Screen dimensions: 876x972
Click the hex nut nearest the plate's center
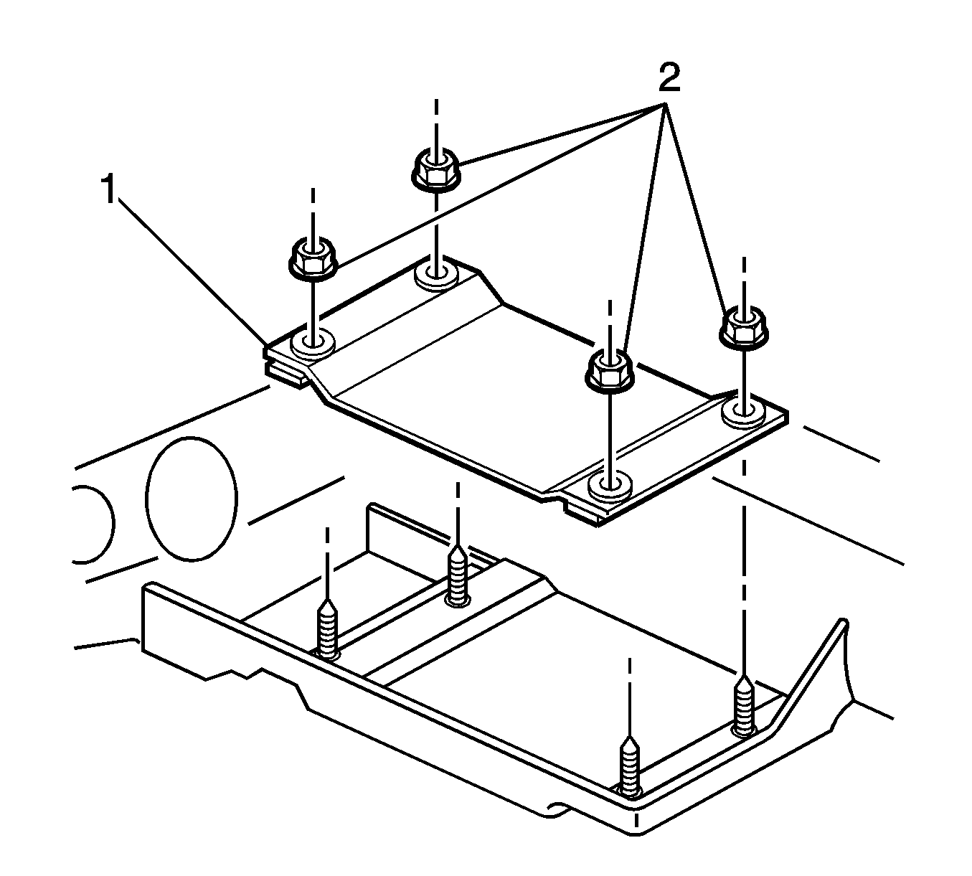coord(610,371)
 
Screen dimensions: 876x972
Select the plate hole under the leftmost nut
coord(313,343)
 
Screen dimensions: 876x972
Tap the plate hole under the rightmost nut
coord(742,411)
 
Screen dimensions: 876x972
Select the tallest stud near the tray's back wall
coord(458,574)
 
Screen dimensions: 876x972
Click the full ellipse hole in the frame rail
coord(191,499)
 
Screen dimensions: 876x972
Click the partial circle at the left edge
coord(92,524)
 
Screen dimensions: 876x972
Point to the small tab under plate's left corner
coord(287,373)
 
